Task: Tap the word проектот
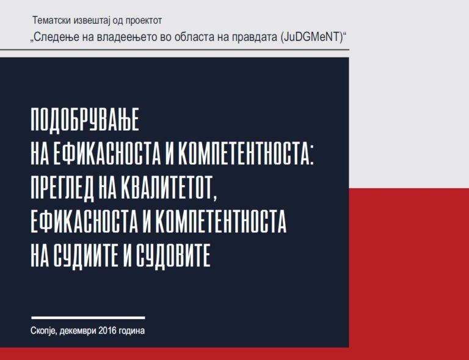tap(144, 21)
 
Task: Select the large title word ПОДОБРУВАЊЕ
tap(85, 120)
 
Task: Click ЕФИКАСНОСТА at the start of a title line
tap(84, 222)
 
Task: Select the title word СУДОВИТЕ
tap(173, 255)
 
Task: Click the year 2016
tap(107, 331)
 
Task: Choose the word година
tap(132, 331)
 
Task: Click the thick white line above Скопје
tap(88, 318)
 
